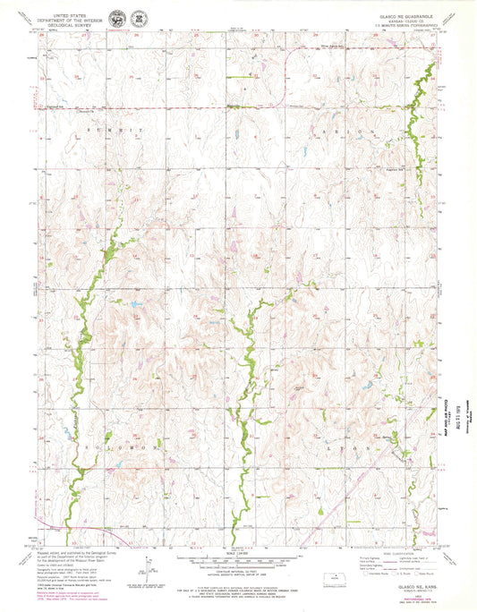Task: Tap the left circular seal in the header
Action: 116,18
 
